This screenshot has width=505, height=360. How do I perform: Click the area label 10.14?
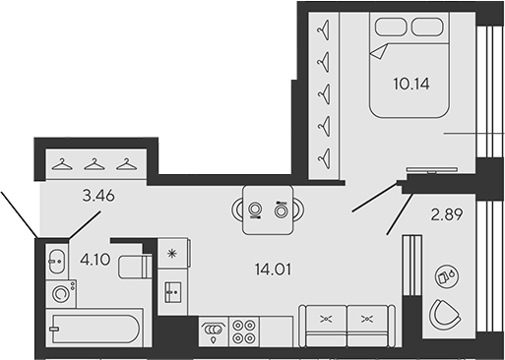[410, 85]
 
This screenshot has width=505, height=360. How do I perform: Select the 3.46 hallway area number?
[99, 197]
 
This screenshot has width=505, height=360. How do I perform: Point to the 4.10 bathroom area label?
[95, 260]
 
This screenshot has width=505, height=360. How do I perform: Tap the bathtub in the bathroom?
[95, 326]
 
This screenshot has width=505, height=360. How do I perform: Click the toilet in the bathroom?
[133, 266]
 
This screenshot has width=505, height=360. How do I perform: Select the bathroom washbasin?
[56, 262]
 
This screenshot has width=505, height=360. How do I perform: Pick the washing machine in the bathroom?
[61, 292]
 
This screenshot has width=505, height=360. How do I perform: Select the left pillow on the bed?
[390, 28]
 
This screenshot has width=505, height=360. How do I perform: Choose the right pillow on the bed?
[428, 28]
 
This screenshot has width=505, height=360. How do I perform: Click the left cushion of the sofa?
[326, 320]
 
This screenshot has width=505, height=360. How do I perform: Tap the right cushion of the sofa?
[367, 320]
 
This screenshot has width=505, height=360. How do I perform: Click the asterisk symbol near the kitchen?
[172, 255]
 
